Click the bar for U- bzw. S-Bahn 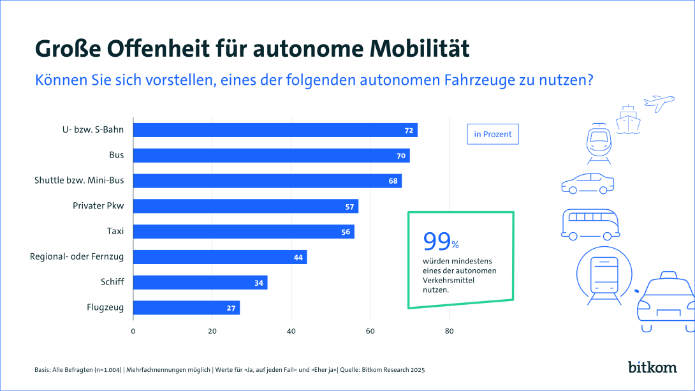(275, 130)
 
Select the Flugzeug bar (186, 307)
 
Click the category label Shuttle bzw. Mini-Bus (79, 181)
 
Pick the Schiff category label (112, 283)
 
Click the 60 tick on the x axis (370, 331)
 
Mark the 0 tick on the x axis (133, 331)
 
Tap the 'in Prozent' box (492, 135)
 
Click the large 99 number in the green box (437, 241)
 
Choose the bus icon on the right (590, 224)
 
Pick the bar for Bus (271, 156)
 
